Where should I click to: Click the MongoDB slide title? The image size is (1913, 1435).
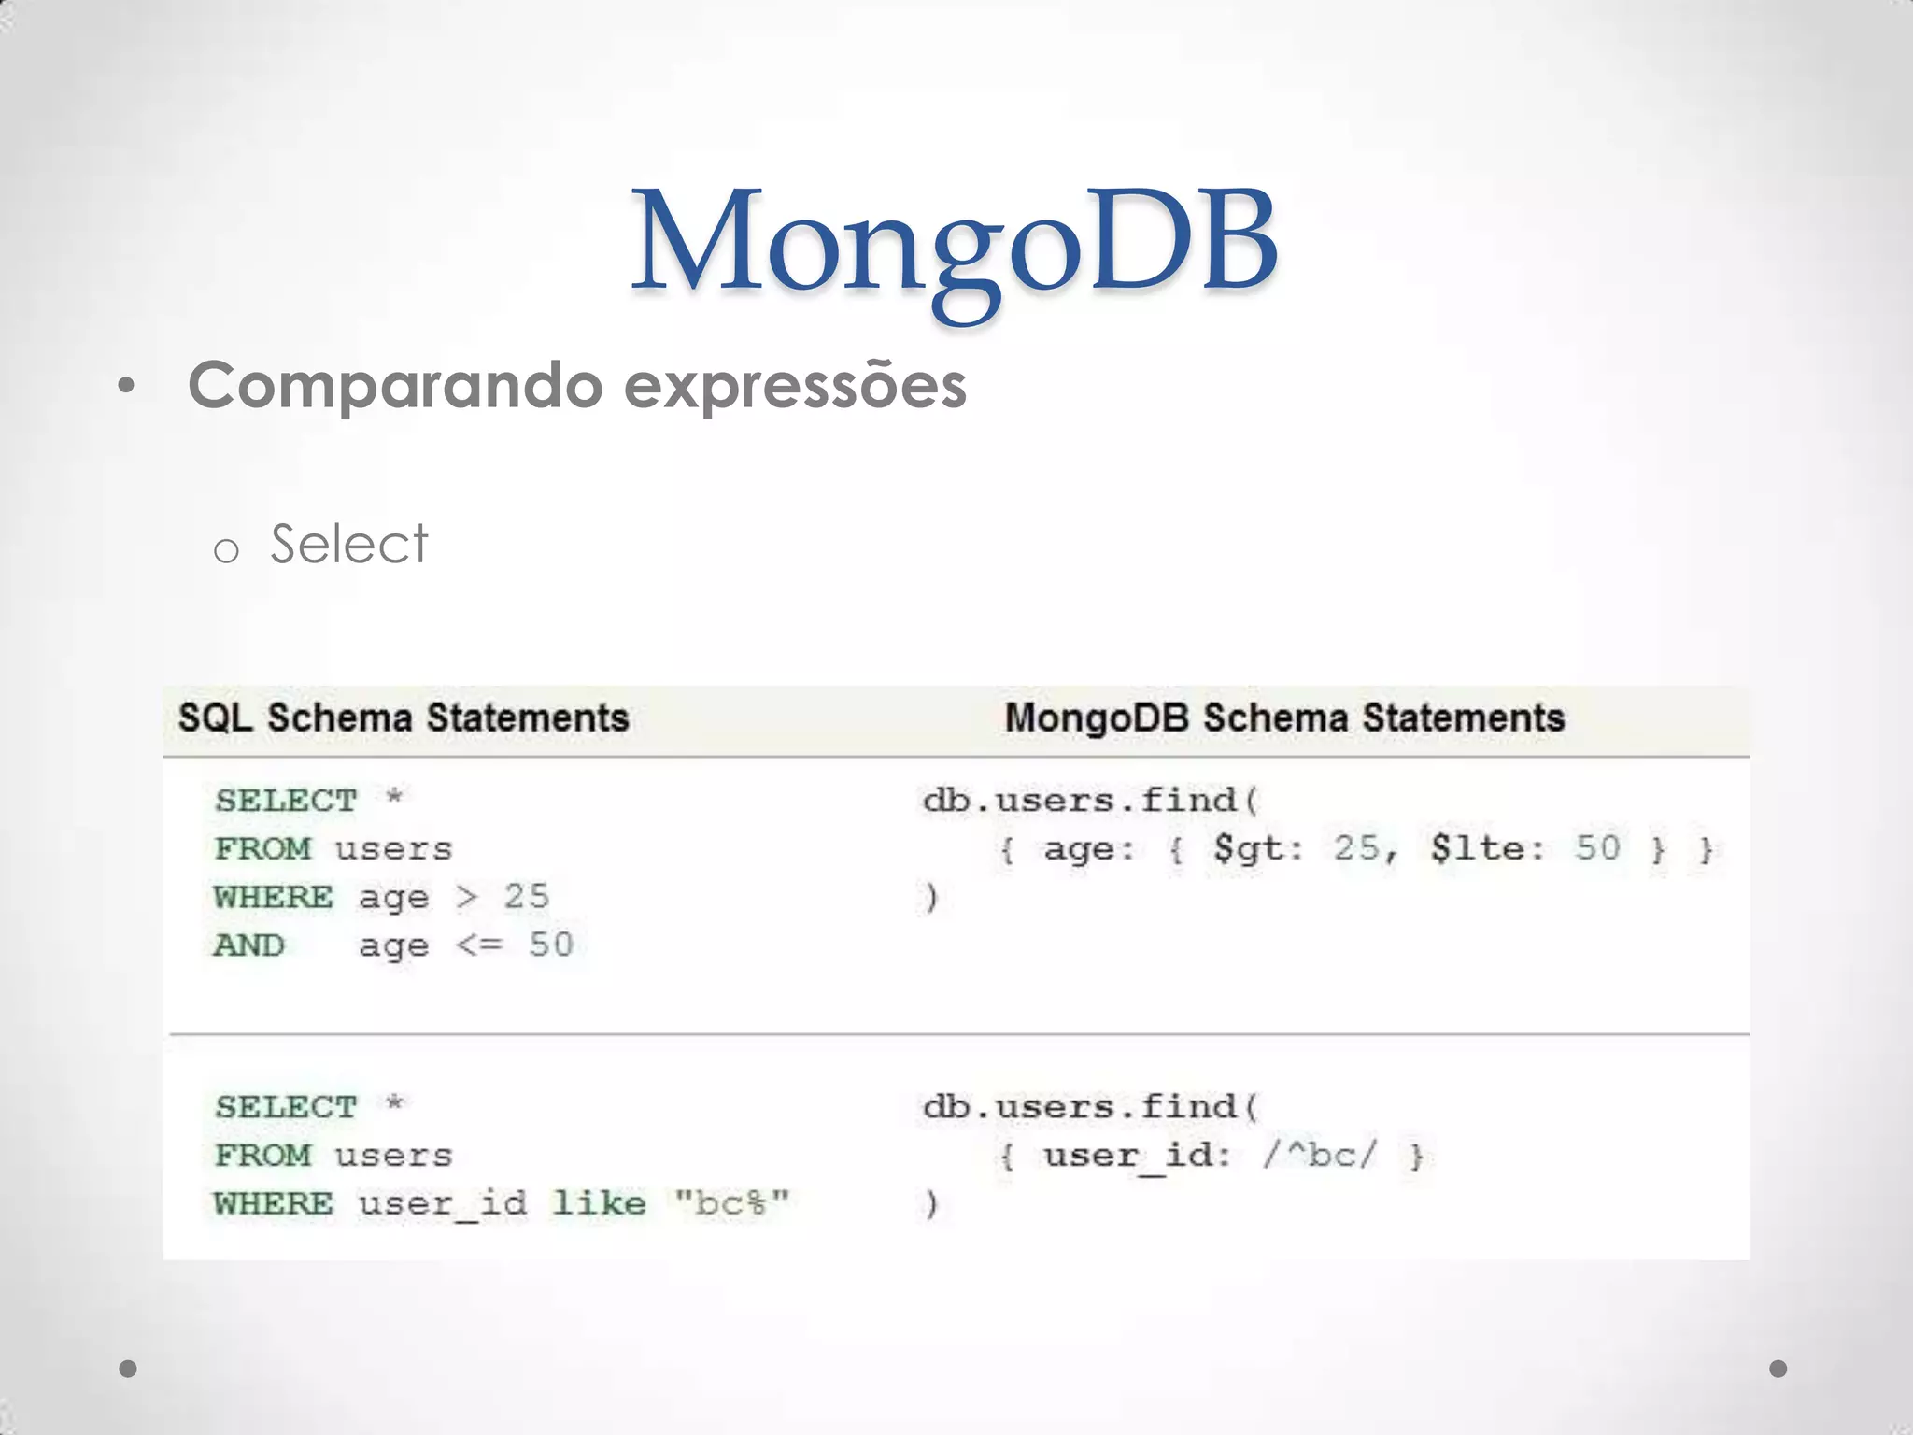(x=955, y=243)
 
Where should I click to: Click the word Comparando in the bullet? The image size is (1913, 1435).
(x=395, y=385)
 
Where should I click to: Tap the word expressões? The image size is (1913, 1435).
(x=795, y=387)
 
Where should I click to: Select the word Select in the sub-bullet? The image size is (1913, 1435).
(x=348, y=544)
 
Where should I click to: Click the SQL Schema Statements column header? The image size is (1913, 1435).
(x=404, y=718)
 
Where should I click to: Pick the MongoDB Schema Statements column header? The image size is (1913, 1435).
(x=1284, y=718)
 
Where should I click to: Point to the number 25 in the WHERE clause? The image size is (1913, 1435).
(x=527, y=897)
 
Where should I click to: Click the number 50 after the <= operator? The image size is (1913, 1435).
(x=551, y=945)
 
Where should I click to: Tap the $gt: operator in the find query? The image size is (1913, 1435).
(x=1257, y=848)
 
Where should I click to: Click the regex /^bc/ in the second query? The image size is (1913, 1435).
(x=1319, y=1155)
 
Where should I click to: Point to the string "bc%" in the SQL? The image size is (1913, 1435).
(x=732, y=1202)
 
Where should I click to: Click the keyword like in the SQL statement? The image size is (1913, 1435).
(x=599, y=1202)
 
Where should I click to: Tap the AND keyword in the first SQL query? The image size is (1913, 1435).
(x=249, y=945)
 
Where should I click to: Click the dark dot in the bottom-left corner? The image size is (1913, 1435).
(x=129, y=1370)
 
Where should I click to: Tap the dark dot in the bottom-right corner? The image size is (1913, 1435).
(x=1778, y=1369)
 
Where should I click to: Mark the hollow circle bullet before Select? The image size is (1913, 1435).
(x=226, y=551)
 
